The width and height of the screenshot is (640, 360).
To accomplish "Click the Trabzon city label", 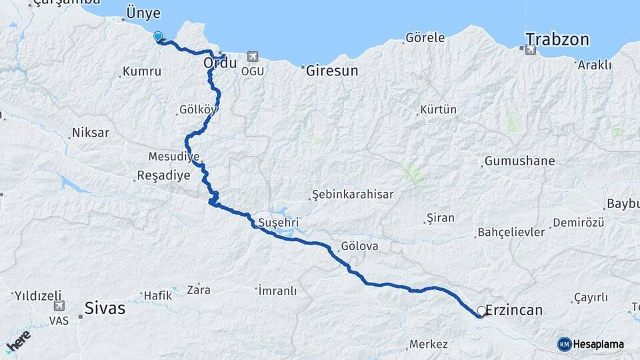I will click(557, 39).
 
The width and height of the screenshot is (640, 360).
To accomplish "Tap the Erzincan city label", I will click(514, 310).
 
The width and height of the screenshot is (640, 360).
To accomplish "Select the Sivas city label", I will click(105, 308).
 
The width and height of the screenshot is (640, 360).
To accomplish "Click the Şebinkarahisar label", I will click(353, 194).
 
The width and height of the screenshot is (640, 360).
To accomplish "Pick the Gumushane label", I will click(519, 161).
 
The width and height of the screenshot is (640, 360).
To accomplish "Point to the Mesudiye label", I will click(174, 157).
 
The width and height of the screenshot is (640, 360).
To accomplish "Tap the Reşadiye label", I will click(163, 176).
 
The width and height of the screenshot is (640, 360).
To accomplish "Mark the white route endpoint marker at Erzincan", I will click(482, 311).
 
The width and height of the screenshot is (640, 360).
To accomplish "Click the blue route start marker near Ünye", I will click(158, 36).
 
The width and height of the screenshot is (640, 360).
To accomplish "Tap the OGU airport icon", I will click(252, 57).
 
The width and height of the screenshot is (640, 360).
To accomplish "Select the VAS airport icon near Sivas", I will click(59, 306).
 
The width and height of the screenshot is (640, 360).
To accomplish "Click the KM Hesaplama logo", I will click(591, 344).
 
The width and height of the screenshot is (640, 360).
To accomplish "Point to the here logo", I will click(18, 341).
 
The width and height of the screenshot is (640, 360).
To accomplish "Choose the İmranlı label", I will click(277, 290).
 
